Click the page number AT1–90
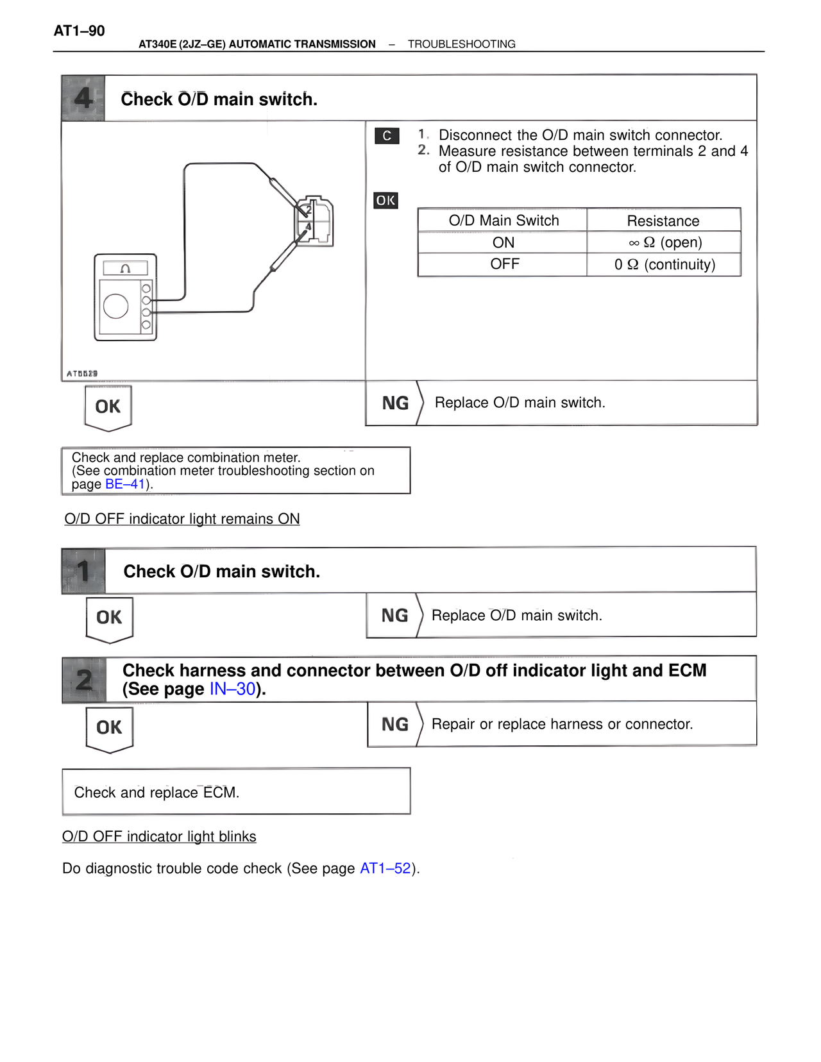click(x=79, y=31)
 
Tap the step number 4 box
click(x=83, y=98)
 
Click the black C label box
click(x=387, y=136)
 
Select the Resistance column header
click(x=663, y=221)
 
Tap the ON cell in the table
click(x=504, y=242)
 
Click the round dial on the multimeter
click(x=116, y=306)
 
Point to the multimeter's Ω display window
click(x=126, y=268)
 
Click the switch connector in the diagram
click(x=314, y=221)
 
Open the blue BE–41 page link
click(x=125, y=484)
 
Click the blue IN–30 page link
click(x=232, y=689)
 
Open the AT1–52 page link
click(x=385, y=868)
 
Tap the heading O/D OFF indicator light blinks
click(x=159, y=836)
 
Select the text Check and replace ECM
click(x=157, y=793)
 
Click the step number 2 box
click(x=84, y=680)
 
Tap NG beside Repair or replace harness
click(x=394, y=725)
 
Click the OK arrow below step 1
click(x=110, y=618)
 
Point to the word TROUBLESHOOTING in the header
click(x=461, y=44)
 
